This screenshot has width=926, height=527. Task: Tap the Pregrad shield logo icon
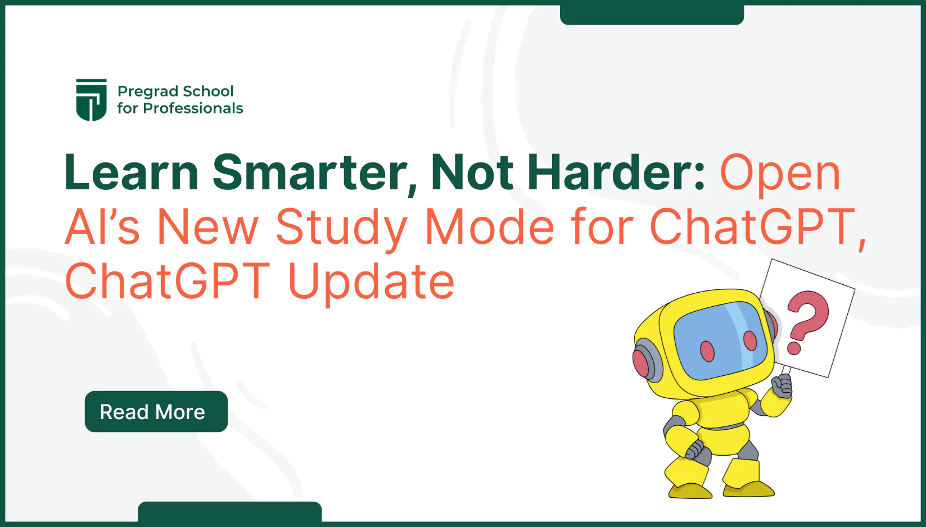click(91, 99)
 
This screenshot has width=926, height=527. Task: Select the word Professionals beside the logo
click(193, 108)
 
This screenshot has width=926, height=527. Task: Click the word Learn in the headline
click(132, 172)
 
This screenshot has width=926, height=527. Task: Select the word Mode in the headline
click(489, 228)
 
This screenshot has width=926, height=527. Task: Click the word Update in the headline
click(371, 281)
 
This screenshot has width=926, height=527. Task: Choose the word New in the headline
click(207, 228)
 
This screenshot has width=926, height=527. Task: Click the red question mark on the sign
click(807, 321)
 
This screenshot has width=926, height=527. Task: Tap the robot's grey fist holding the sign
click(782, 386)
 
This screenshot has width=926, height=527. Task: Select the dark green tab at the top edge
click(652, 13)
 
